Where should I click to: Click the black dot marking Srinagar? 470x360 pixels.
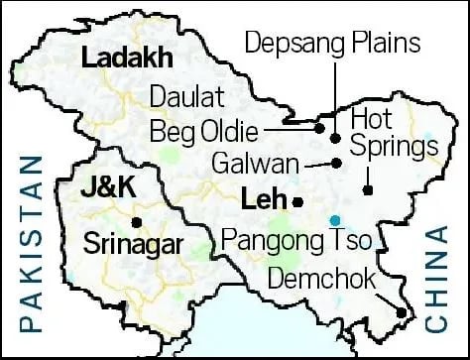[x=136, y=220]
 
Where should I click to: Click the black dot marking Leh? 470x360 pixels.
[x=298, y=202]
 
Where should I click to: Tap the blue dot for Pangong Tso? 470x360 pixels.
[x=335, y=219]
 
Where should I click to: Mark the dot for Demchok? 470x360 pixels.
[x=401, y=313]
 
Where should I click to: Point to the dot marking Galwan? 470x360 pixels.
[x=336, y=162]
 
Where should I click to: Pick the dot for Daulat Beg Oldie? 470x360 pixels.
[x=319, y=127]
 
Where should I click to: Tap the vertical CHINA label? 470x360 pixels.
[x=437, y=281]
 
